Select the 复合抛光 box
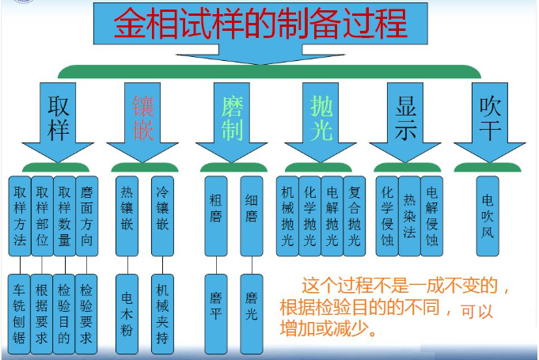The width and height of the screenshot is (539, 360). pyautogui.click(x=355, y=214)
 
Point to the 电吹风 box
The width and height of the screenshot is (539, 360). pyautogui.click(x=488, y=214)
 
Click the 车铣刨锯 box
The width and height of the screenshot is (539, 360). pyautogui.click(x=20, y=313)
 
